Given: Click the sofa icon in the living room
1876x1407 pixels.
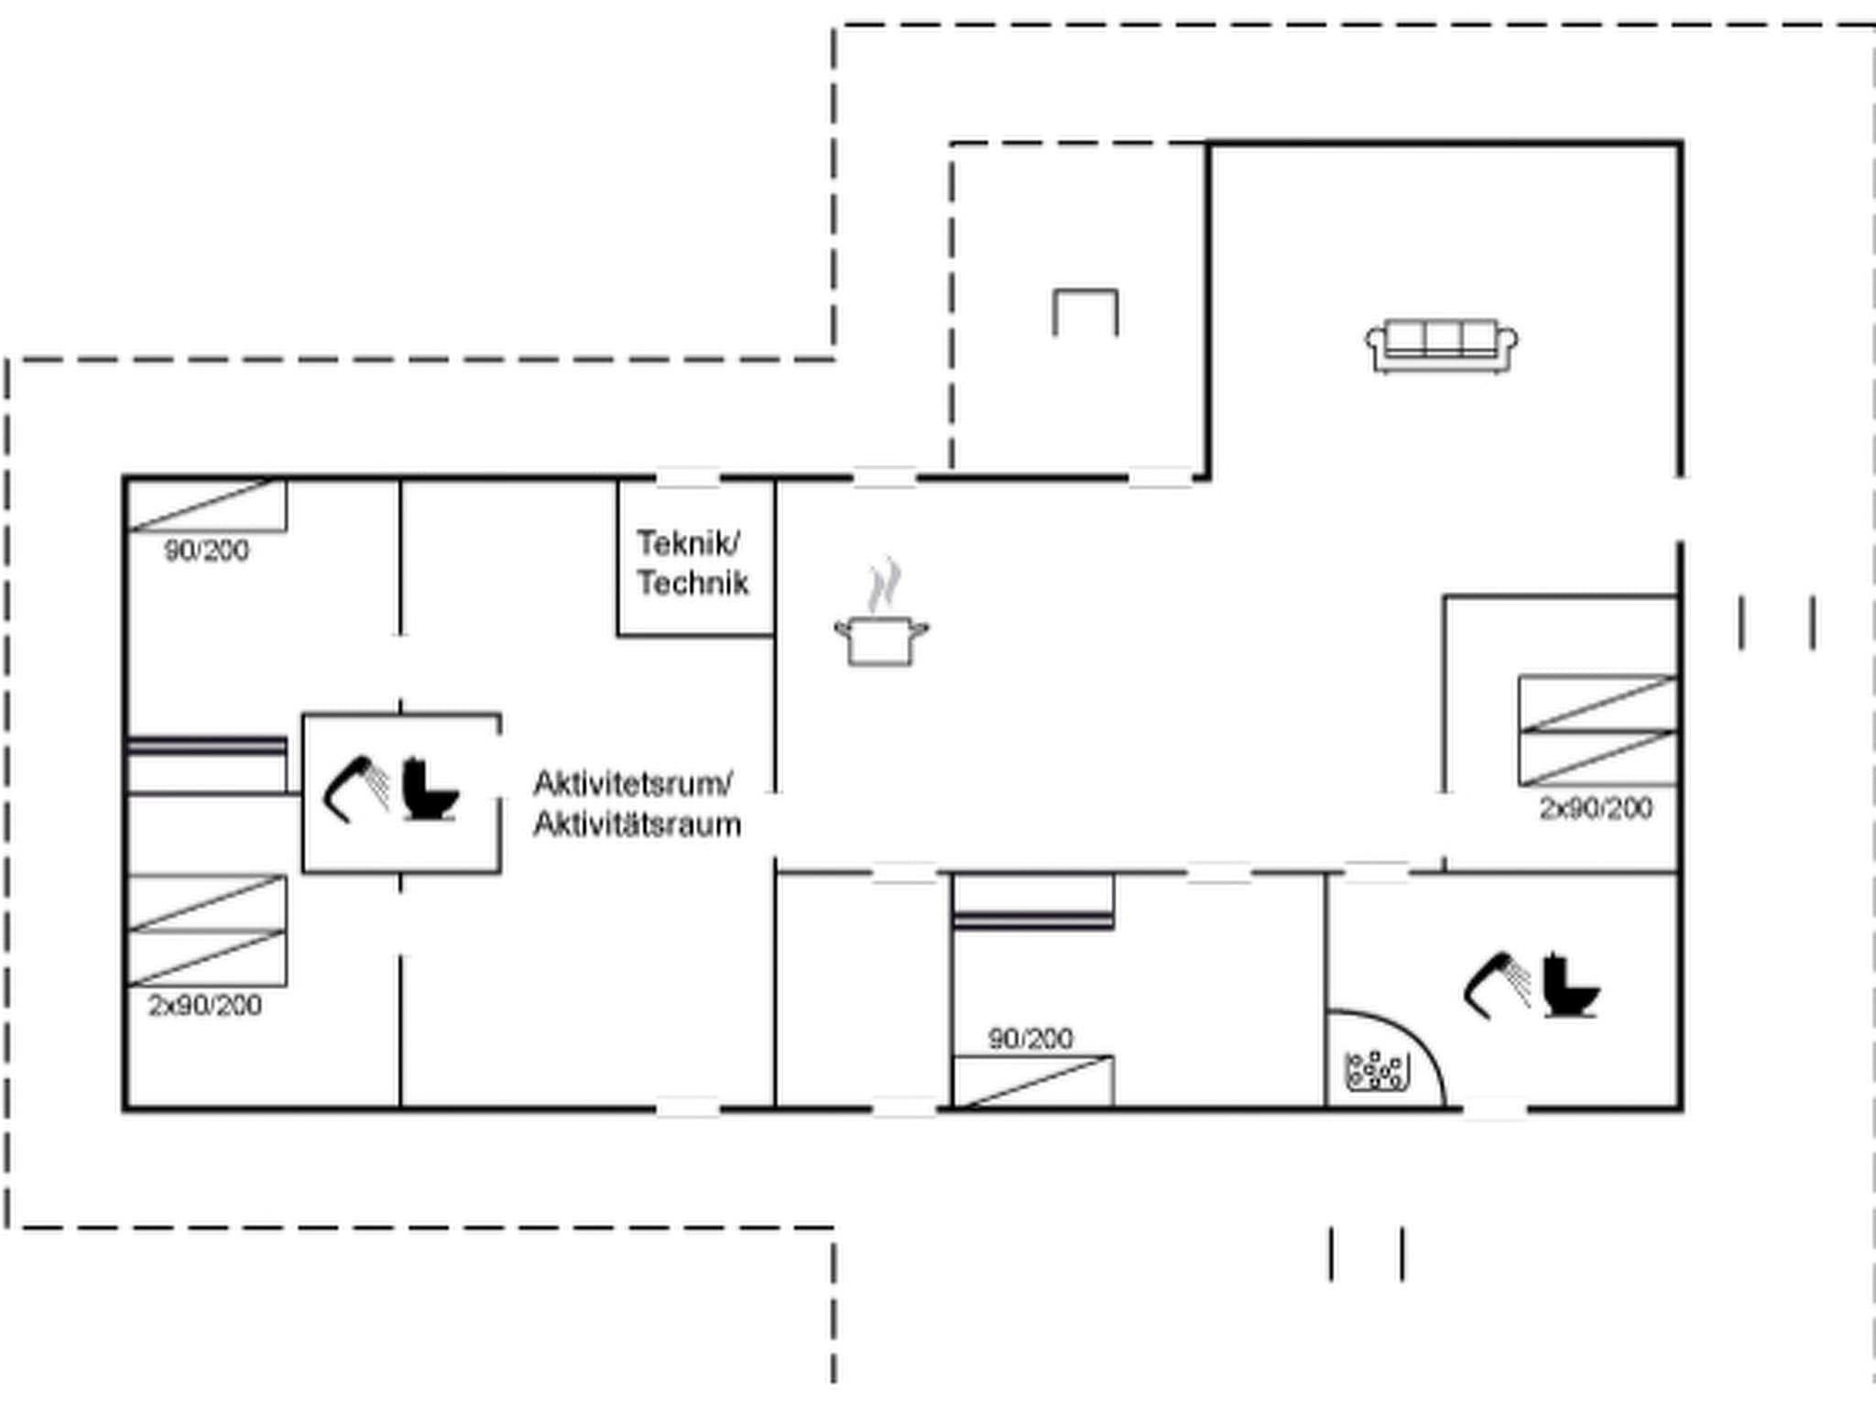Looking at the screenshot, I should pyautogui.click(x=1441, y=345).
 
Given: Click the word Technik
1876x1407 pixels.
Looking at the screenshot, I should pyautogui.click(x=693, y=584).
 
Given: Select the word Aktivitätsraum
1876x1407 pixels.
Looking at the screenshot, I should pyautogui.click(x=638, y=824).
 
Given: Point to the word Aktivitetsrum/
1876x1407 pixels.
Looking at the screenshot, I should pyautogui.click(x=633, y=784).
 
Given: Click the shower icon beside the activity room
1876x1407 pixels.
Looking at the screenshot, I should pyautogui.click(x=356, y=789).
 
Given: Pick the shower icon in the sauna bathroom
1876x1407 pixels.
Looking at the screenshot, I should pyautogui.click(x=1497, y=985).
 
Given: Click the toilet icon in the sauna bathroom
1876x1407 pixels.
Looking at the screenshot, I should pyautogui.click(x=1570, y=987).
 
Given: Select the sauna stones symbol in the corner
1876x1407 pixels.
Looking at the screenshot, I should pyautogui.click(x=1375, y=1071).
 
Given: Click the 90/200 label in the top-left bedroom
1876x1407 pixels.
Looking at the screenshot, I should pyautogui.click(x=207, y=551).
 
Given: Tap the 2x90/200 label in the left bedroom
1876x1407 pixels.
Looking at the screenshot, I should pyautogui.click(x=205, y=1006).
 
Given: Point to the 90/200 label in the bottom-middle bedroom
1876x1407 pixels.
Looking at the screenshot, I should pyautogui.click(x=1031, y=1039).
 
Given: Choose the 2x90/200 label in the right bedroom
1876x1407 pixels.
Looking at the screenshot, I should pyautogui.click(x=1596, y=809).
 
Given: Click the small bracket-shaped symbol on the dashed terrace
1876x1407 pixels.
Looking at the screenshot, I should pyautogui.click(x=1085, y=311).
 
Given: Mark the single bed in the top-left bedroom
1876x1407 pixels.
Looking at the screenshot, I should pyautogui.click(x=207, y=506).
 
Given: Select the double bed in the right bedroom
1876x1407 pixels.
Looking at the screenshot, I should pyautogui.click(x=1598, y=731).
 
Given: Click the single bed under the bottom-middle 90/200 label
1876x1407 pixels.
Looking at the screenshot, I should pyautogui.click(x=1033, y=1082).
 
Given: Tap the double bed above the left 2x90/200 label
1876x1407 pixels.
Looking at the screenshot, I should pyautogui.click(x=207, y=931).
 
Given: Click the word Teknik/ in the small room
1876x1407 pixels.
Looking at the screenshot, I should pyautogui.click(x=689, y=543).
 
